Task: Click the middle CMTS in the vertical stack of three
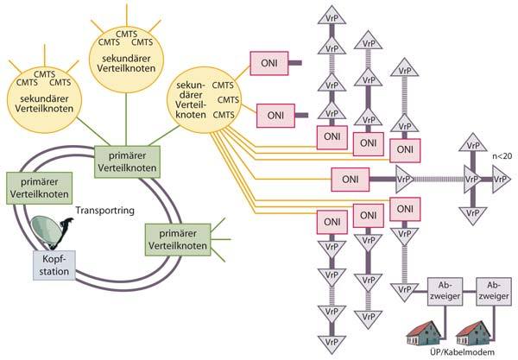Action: [x=223, y=99]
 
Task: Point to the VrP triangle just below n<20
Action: [x=500, y=182]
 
